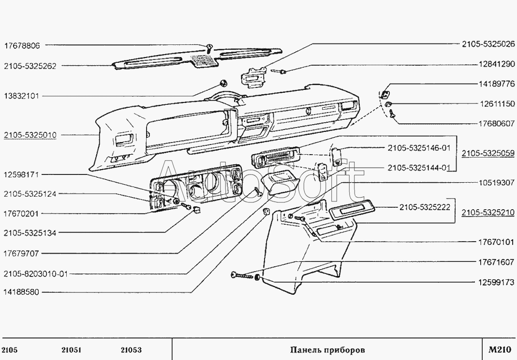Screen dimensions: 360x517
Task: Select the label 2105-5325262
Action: tap(30, 66)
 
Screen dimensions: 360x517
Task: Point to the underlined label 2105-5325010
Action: tap(30, 135)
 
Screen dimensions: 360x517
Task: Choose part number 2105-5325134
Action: tap(30, 233)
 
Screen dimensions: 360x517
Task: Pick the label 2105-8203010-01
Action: tap(35, 274)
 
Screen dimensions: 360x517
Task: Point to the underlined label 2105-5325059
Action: tap(487, 154)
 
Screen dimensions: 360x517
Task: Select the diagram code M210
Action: tap(500, 349)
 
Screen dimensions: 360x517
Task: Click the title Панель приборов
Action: tap(327, 349)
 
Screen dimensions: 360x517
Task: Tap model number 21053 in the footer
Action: tap(131, 350)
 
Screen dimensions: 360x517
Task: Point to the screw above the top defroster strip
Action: tap(209, 48)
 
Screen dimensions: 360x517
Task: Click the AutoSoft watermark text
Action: tap(261, 183)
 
